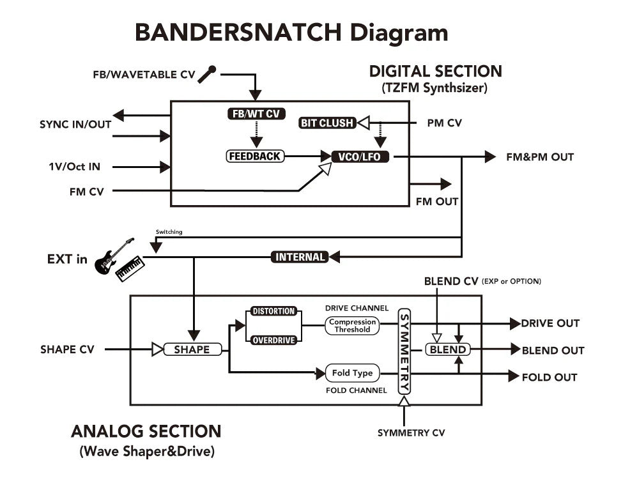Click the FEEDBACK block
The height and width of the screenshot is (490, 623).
click(255, 156)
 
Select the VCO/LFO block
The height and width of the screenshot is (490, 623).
click(360, 157)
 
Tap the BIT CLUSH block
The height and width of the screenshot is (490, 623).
click(327, 123)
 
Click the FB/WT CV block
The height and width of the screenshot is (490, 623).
click(256, 114)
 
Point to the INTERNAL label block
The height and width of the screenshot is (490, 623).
click(300, 257)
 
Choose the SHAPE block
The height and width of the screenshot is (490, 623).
click(192, 349)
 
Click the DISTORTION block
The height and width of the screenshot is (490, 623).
click(273, 311)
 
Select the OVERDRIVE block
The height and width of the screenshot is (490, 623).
click(273, 340)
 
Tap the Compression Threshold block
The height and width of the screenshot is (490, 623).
click(352, 325)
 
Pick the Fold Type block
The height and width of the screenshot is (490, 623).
click(353, 372)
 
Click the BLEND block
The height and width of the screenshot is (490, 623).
click(448, 349)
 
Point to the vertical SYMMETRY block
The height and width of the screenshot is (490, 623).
click(404, 351)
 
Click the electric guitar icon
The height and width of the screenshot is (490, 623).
click(114, 256)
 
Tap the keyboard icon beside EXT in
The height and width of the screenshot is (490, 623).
click(130, 269)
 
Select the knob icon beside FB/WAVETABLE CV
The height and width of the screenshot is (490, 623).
click(206, 74)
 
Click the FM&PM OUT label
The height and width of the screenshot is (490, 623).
click(540, 157)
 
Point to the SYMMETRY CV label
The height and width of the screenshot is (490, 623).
click(411, 433)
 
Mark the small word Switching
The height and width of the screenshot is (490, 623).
click(169, 232)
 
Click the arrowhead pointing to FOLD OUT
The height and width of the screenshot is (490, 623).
click(514, 376)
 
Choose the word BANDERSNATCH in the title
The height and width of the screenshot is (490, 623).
click(238, 33)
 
